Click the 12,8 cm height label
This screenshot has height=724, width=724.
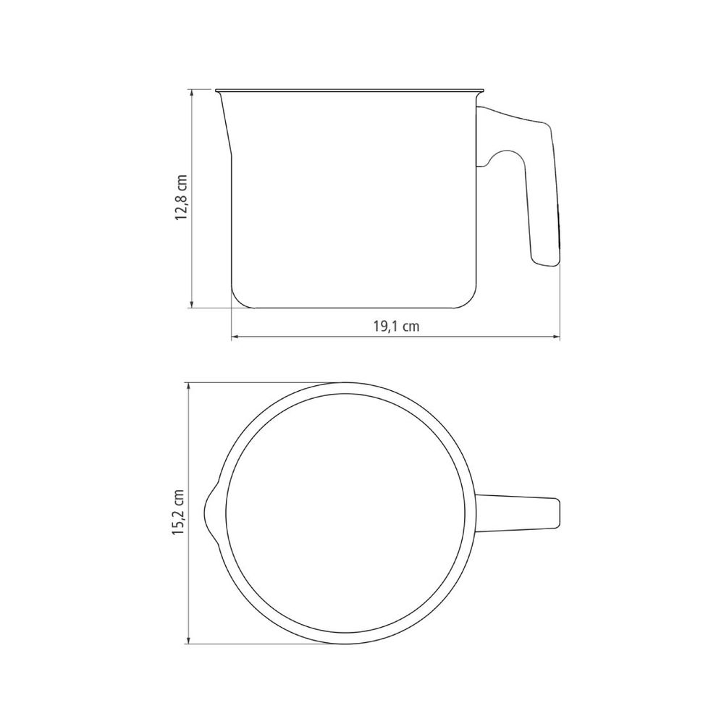coord(181,198)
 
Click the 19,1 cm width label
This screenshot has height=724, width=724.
coord(396,327)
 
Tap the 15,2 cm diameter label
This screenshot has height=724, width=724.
coord(179,512)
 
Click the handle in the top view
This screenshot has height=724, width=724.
coord(517,513)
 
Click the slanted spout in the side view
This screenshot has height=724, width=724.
coord(225,122)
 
